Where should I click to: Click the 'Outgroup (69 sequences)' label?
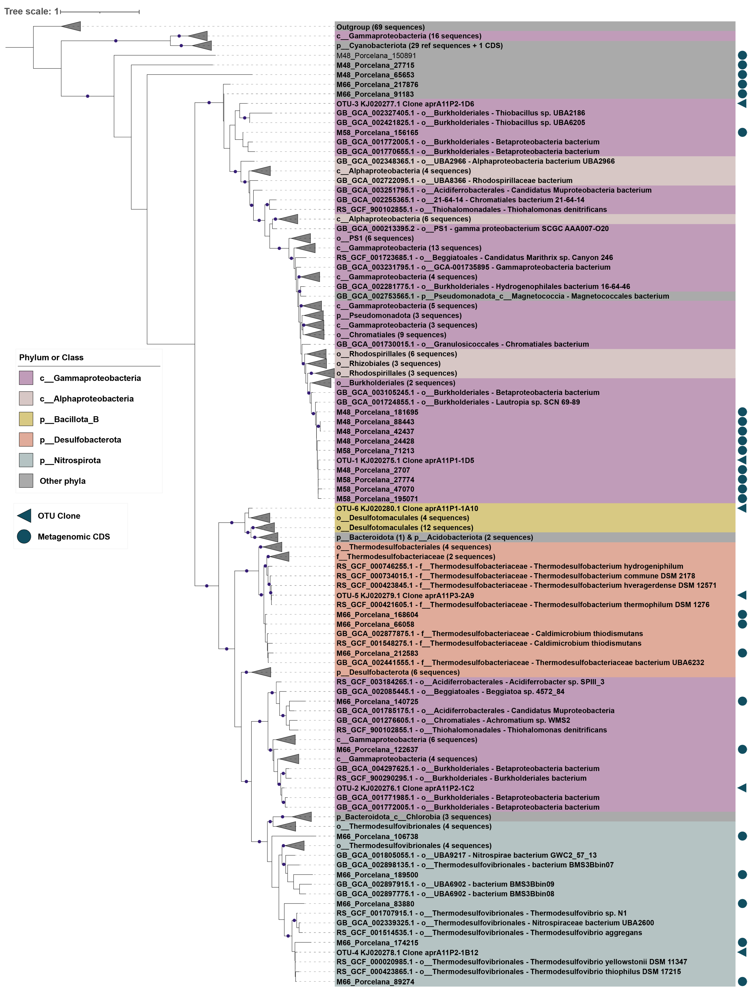(x=380, y=27)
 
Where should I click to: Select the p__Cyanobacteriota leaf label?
(x=419, y=45)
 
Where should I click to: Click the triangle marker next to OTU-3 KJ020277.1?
(x=742, y=103)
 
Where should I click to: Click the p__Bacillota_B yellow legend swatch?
(x=26, y=419)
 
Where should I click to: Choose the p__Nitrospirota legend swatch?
(x=26, y=460)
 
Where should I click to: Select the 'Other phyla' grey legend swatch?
(x=26, y=481)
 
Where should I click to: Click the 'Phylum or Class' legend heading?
(x=51, y=357)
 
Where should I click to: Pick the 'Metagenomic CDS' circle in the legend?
(x=24, y=537)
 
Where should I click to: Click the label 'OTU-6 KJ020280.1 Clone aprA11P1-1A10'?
(x=407, y=508)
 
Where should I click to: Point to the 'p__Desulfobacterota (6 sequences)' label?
(x=398, y=672)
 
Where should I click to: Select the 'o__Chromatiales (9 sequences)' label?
(x=391, y=335)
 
